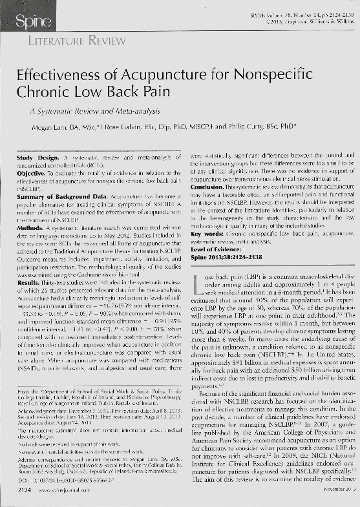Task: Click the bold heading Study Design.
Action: pyautogui.click(x=37, y=158)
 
